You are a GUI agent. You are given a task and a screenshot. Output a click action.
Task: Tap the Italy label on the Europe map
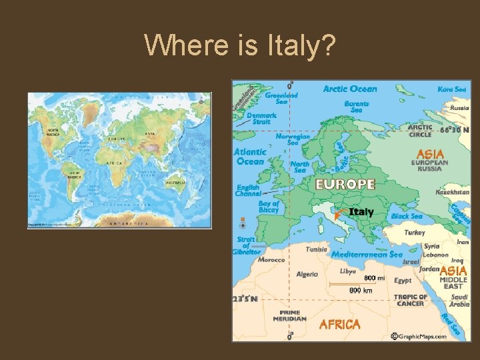pos(362,212)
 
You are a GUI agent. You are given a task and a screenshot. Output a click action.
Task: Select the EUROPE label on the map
pos(345,184)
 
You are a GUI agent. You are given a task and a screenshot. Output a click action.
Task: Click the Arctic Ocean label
pos(350,89)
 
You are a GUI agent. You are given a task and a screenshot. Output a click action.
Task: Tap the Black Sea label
pos(407,216)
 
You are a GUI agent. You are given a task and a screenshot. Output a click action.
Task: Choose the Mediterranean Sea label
pos(367,254)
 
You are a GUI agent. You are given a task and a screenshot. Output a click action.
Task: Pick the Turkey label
pos(415,233)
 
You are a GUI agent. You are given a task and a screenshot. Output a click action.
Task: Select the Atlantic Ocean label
pos(250,156)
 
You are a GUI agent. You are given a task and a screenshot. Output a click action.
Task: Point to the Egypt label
pos(403,281)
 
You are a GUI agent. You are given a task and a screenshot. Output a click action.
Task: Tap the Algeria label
pos(307,274)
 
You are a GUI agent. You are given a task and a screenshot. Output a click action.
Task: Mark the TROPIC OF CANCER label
pos(410,300)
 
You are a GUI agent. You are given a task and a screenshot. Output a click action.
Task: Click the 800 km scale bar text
pos(361,290)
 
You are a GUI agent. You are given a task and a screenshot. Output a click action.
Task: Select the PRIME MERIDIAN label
pos(289,315)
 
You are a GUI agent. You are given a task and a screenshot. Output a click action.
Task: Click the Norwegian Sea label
pos(293,139)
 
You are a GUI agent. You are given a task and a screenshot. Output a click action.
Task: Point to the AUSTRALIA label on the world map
pos(175,182)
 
